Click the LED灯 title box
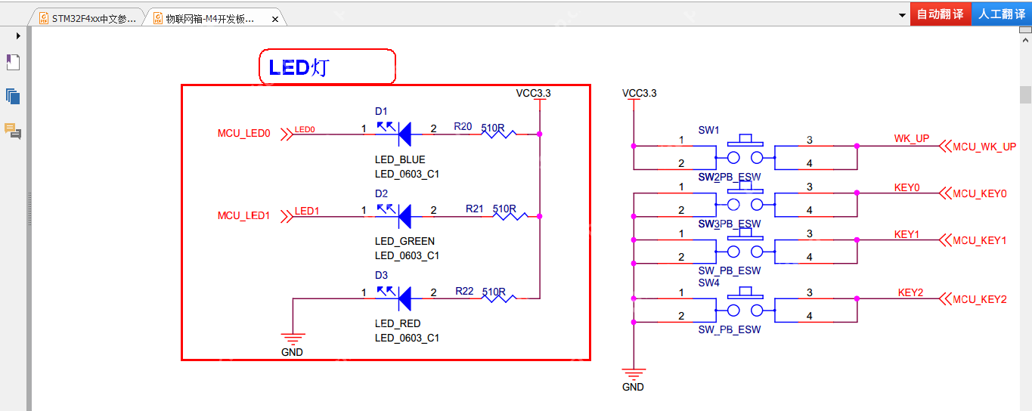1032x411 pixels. (327, 67)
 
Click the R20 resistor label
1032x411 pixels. (463, 126)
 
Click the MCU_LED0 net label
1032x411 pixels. (243, 134)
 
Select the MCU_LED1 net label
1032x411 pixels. (243, 215)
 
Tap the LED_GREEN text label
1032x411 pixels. (404, 242)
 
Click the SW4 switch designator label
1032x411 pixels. (708, 283)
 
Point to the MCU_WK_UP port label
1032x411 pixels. (984, 147)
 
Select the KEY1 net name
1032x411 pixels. (906, 234)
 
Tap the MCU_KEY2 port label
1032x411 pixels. (979, 299)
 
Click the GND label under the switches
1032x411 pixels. (633, 387)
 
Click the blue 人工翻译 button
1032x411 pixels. (1001, 14)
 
